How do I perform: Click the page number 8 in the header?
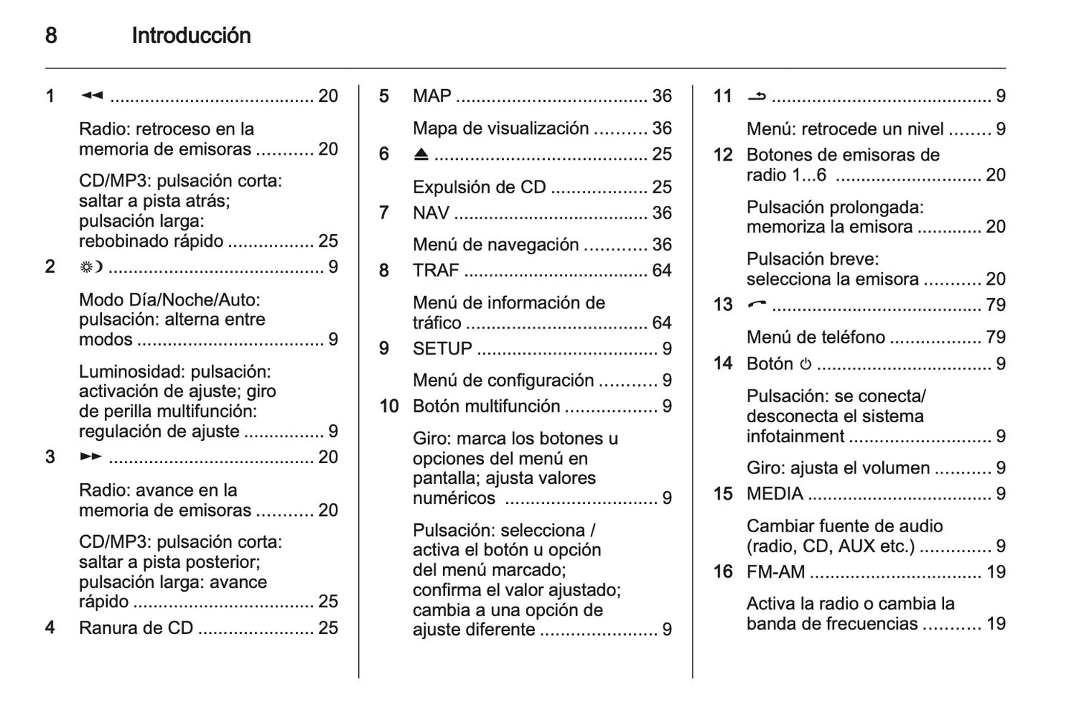pos(51,36)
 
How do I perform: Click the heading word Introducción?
pos(191,36)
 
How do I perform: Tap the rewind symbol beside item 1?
pos(91,96)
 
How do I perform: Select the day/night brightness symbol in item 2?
pos(91,267)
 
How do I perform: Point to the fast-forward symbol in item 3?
pos(91,456)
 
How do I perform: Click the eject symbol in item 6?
pos(421,155)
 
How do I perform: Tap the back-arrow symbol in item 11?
pos(757,96)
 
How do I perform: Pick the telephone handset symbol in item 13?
pos(757,304)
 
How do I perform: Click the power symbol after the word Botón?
pos(806,364)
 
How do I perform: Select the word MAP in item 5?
pos(432,96)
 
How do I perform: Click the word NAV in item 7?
pos(431,213)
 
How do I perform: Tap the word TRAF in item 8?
pos(436,271)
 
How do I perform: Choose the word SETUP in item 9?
pos(442,349)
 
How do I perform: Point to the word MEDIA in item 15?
pos(774,494)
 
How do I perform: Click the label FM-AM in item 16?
pos(775,572)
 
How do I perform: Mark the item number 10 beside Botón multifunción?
pos(389,407)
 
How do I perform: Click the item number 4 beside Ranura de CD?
pos(50,627)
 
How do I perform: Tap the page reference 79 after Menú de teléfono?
pos(995,337)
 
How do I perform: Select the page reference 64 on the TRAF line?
pos(661,271)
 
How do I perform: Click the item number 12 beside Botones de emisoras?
pos(723,155)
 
